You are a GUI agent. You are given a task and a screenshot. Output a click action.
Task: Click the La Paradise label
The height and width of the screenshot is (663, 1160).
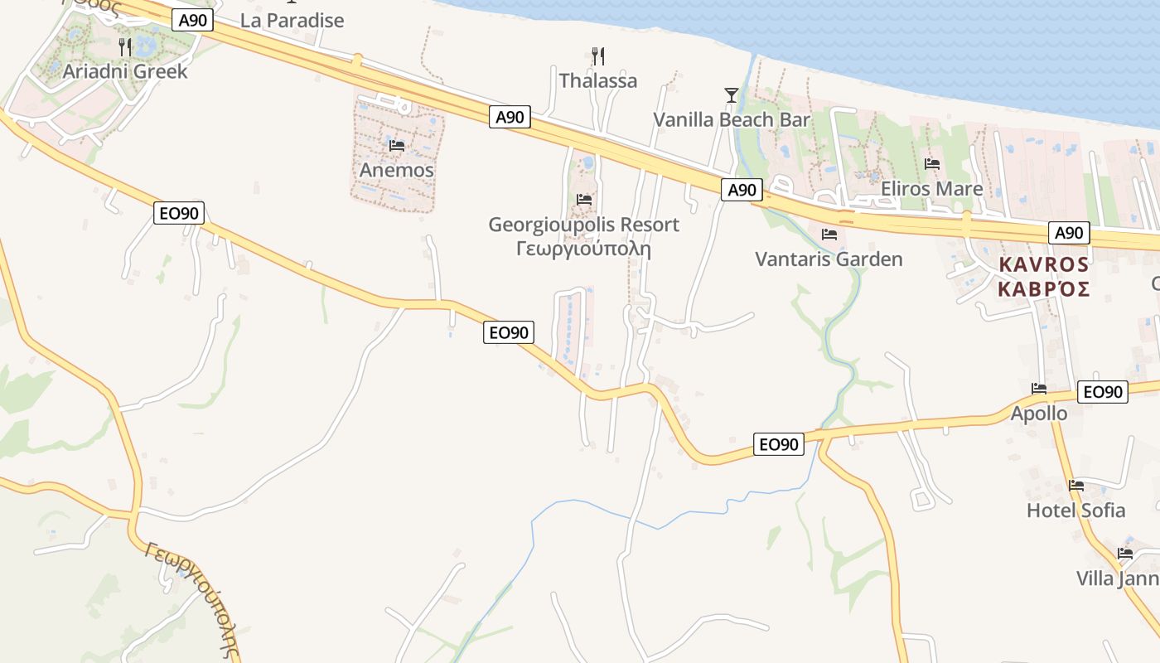292,21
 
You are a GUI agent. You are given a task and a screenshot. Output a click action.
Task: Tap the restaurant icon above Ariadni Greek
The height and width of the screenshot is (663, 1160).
125,46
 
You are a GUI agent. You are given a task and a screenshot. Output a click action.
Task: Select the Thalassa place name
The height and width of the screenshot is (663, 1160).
598,80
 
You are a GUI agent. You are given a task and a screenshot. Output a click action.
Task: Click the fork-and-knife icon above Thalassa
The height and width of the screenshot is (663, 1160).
598,56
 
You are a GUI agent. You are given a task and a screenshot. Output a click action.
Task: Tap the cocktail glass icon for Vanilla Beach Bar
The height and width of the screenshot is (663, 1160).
731,95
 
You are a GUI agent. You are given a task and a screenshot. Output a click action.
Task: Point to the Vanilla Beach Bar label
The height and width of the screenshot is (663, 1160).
732,119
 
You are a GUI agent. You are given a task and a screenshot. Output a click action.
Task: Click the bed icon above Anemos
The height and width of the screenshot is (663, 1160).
396,146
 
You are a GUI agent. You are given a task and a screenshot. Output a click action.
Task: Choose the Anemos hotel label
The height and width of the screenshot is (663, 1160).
396,170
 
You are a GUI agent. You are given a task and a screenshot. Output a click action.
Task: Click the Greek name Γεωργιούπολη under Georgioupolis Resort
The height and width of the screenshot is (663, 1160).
583,248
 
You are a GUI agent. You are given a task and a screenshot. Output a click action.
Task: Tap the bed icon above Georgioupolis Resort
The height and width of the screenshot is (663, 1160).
584,200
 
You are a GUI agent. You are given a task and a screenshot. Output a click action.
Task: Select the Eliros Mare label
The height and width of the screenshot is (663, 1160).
931,188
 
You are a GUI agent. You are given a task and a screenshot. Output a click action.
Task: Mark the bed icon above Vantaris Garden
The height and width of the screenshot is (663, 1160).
829,235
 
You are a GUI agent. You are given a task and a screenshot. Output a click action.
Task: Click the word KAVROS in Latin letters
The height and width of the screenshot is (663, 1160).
1043,264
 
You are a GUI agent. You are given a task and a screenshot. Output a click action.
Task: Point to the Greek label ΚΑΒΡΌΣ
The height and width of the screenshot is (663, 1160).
1043,288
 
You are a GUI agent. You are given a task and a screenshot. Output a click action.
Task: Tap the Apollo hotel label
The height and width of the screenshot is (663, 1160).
1039,413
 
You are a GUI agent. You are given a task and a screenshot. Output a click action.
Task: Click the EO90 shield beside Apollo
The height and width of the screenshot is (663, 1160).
1103,392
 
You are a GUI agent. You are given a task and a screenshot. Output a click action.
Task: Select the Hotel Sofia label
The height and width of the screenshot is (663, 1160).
1075,510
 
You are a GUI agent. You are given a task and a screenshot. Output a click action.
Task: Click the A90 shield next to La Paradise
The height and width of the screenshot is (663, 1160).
192,20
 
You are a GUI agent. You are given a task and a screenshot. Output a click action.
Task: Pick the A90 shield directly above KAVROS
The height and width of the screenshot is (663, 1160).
1068,233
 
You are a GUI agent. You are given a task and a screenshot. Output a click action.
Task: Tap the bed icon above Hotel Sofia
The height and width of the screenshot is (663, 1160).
1076,486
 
